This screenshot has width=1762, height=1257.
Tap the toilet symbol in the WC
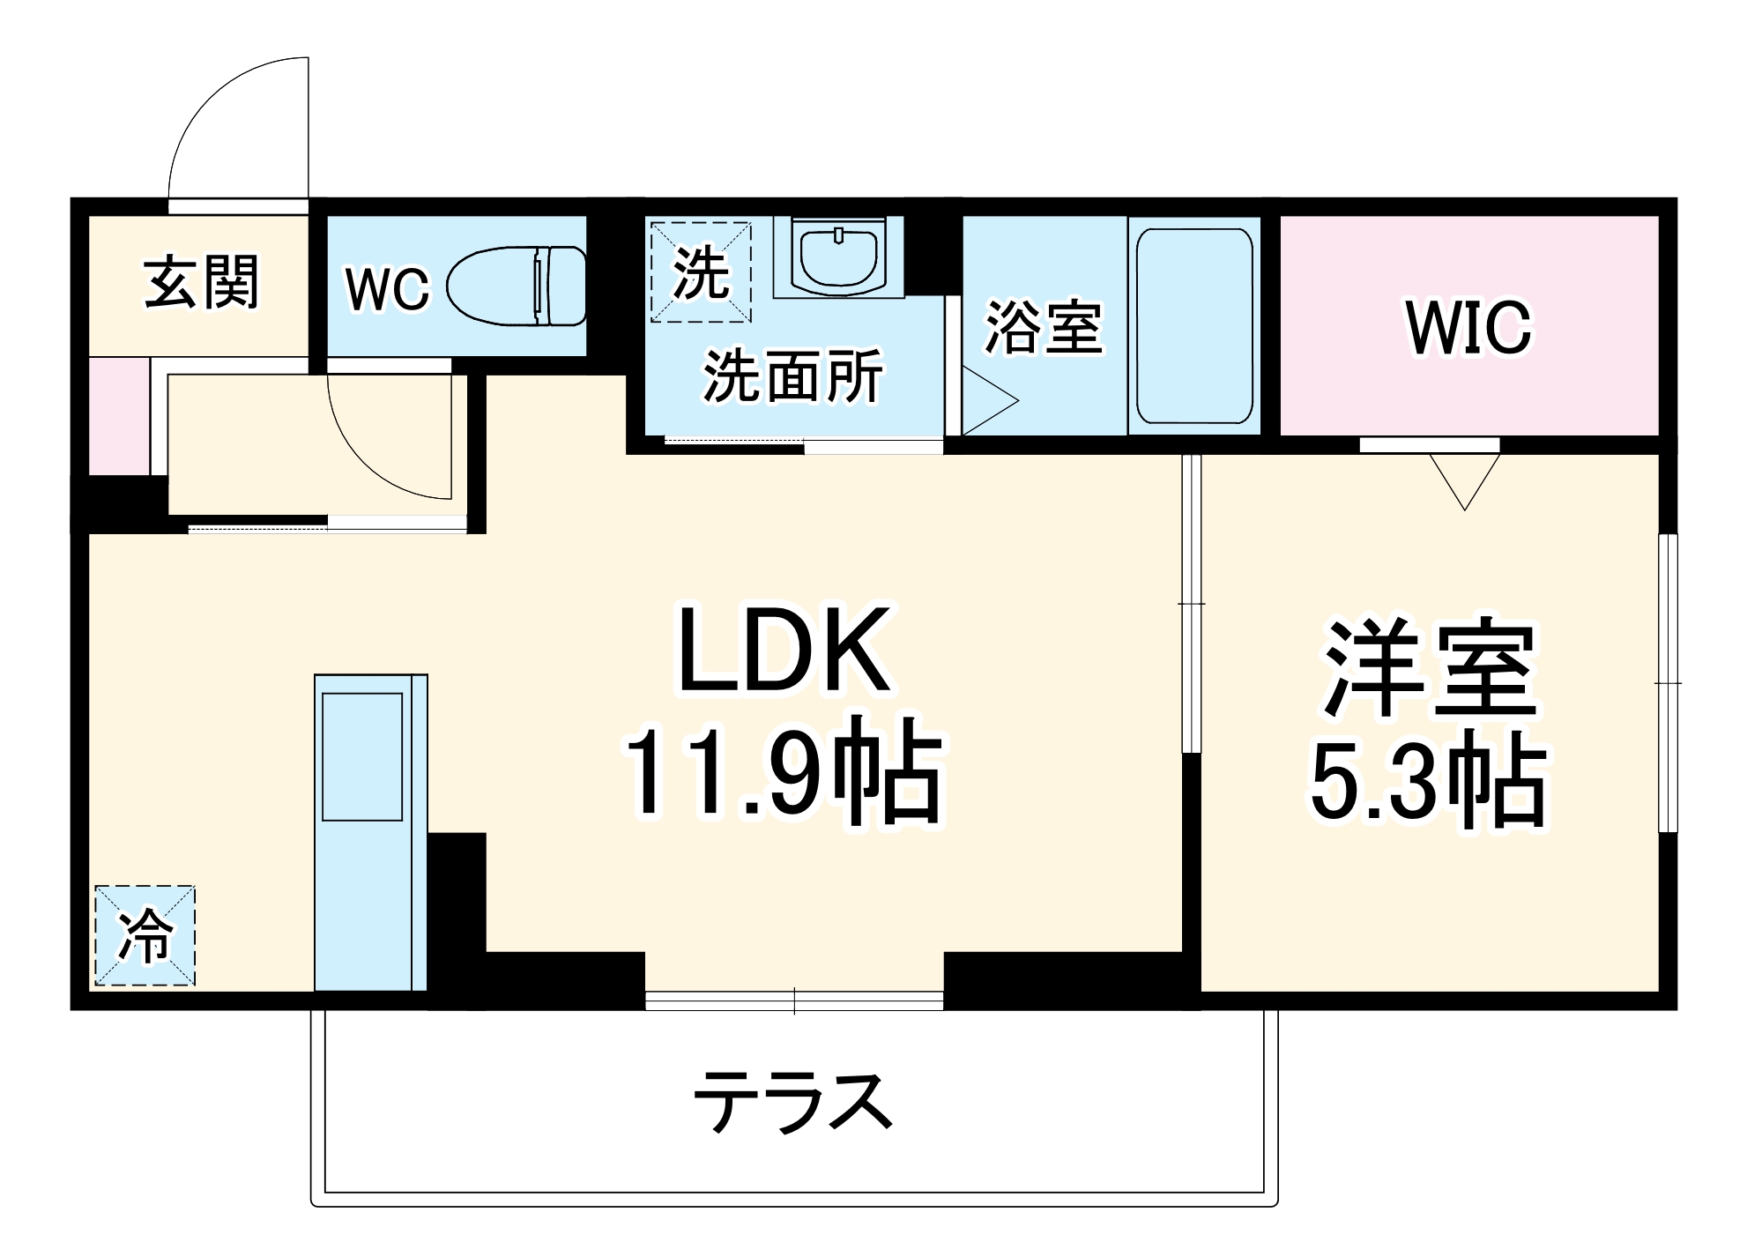[x=517, y=286]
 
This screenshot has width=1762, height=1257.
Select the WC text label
[x=387, y=288]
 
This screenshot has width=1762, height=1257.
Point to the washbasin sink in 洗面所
[x=838, y=257]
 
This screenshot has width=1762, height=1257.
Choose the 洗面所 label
[x=792, y=376]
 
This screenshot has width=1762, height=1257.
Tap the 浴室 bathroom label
[x=1043, y=328]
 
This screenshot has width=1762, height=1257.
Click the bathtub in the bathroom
[x=1194, y=326]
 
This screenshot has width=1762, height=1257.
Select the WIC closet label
[x=1468, y=328]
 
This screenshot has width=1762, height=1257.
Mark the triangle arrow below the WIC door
[x=1465, y=477]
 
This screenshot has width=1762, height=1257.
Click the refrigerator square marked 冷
[x=145, y=935]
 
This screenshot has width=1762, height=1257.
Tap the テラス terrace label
[x=793, y=1102]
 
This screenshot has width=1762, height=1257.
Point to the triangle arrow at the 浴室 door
[x=987, y=401]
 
